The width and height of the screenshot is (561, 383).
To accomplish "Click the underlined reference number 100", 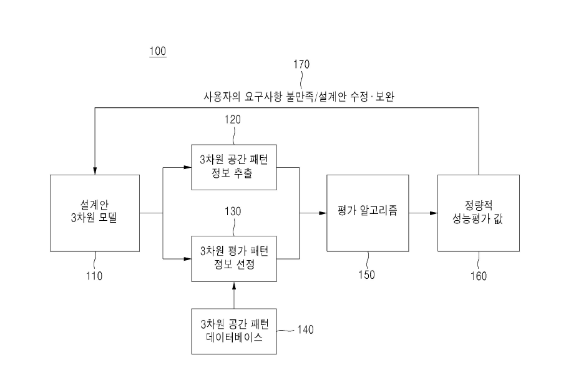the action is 158,51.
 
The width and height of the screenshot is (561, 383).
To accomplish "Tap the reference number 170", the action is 301,64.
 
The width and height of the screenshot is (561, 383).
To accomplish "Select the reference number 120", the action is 233,119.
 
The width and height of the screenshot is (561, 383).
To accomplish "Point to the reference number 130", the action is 233,211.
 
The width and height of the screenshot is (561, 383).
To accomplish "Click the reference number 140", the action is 306,329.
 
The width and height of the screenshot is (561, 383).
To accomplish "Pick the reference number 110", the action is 94,276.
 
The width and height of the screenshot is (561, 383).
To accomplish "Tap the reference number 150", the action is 367,274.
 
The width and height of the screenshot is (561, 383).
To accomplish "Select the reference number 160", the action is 479,276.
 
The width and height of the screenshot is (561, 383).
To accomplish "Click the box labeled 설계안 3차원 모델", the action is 95,213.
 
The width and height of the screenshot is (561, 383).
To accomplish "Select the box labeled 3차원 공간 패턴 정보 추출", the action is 234,167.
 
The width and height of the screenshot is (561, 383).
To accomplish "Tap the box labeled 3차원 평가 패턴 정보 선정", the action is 234,259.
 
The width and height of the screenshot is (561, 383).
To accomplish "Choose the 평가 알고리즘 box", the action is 368,213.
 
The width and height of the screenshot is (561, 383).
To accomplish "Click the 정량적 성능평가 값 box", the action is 479,213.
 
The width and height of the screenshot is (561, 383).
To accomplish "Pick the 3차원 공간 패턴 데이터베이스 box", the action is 234,331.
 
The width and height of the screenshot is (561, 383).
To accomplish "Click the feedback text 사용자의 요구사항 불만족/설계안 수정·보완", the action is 299,97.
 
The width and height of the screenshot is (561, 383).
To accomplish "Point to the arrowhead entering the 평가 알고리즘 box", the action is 323,213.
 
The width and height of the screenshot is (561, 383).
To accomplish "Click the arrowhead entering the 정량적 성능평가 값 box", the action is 434,213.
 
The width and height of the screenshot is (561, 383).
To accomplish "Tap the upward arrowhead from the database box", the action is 234,286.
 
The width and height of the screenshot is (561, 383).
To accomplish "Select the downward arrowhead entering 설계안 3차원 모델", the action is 95,171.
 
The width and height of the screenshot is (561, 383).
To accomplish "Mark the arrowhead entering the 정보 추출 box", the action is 187,167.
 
